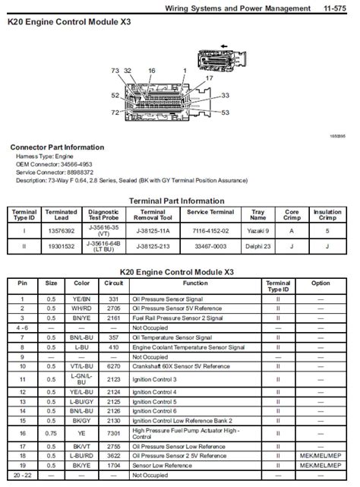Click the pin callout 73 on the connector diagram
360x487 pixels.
coord(115,70)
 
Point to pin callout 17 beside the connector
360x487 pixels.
coord(209,77)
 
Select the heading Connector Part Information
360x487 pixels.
coord(57,147)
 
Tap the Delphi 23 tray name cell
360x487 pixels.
coord(258,246)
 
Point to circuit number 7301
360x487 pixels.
coord(113,432)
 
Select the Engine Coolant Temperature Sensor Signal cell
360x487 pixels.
coord(188,346)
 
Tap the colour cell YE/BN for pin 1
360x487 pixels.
coord(81,299)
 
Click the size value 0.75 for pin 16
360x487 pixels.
coord(50,432)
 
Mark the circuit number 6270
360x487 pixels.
coord(113,365)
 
